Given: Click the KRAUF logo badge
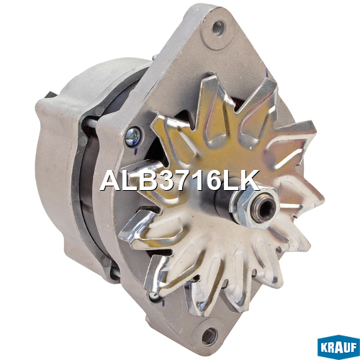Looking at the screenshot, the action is pyautogui.click(x=338, y=347).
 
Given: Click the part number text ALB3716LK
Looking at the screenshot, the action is pyautogui.click(x=180, y=181).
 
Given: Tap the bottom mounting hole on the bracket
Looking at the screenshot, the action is pyautogui.click(x=210, y=336).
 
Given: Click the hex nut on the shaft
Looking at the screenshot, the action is pyautogui.click(x=254, y=207).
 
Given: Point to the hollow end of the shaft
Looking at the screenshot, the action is pyautogui.click(x=265, y=208).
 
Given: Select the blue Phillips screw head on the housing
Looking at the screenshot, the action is pyautogui.click(x=132, y=137).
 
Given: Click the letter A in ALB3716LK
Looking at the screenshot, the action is pyautogui.click(x=111, y=181).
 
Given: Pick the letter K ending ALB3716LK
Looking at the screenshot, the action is pyautogui.click(x=250, y=181).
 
